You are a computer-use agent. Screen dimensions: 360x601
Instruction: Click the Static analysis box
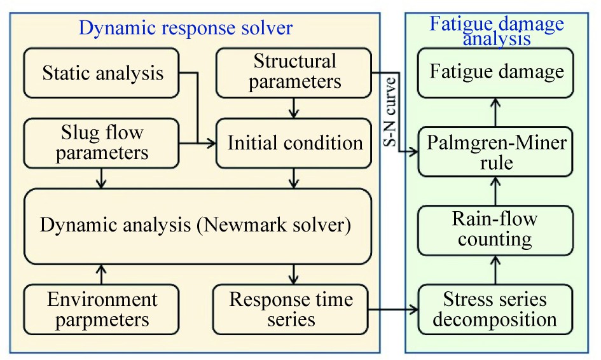click(102, 73)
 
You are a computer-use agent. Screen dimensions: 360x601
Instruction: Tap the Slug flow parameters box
click(102, 143)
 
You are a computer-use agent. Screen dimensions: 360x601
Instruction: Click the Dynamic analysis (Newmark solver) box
click(197, 226)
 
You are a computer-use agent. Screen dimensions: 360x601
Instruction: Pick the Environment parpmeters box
click(102, 309)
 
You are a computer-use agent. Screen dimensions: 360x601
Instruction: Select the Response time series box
click(291, 309)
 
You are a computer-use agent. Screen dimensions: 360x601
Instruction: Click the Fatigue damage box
click(496, 71)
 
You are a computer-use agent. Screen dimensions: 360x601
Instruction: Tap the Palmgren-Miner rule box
click(496, 151)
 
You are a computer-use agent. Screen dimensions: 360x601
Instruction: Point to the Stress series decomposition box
click(495, 309)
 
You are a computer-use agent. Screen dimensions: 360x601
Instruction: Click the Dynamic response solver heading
click(185, 27)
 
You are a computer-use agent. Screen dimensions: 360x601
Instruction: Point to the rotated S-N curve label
click(392, 113)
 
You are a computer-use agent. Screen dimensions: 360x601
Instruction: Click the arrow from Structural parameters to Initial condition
click(293, 107)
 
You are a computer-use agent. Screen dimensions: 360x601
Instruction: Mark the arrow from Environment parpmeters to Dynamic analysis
click(102, 275)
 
